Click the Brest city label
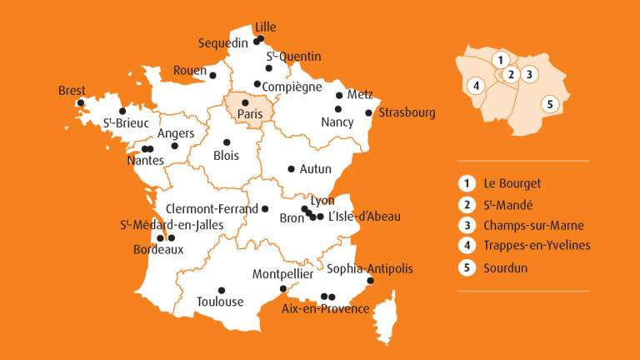point(72,91)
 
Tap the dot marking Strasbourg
point(368,112)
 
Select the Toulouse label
point(220,302)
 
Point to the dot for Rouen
point(212,75)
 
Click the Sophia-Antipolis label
point(369,268)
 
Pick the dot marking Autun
point(291,168)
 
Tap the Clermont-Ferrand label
point(212,209)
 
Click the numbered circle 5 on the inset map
point(548,104)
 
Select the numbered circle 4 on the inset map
point(476,85)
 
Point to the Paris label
point(250,115)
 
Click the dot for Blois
point(227,142)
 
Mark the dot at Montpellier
point(284,289)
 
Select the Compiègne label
point(292,87)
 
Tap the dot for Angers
point(174,146)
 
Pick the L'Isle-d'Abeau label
point(365,217)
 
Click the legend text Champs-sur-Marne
point(533,225)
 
